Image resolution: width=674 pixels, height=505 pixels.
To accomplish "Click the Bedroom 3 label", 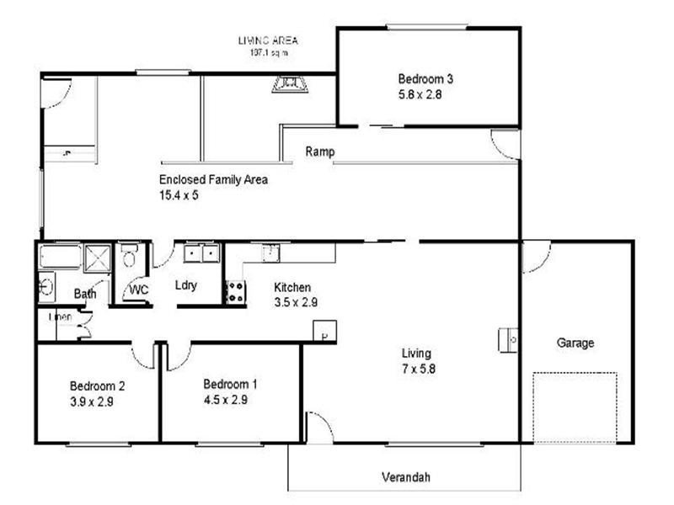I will (425, 79).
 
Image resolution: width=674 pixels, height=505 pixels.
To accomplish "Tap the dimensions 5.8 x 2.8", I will (420, 95).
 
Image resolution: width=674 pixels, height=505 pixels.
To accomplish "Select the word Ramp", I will (319, 152).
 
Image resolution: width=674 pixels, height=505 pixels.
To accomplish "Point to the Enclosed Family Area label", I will (213, 179).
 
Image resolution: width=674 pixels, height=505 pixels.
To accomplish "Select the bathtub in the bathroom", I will (59, 256).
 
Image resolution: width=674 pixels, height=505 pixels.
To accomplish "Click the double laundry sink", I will (201, 253).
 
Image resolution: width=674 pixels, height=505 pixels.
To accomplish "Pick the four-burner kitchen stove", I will (235, 292).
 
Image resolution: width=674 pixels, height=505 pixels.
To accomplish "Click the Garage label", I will (575, 343).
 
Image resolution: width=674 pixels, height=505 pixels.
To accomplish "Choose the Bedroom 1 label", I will (230, 384).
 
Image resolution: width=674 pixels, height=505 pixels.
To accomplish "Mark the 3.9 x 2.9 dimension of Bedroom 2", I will (92, 402).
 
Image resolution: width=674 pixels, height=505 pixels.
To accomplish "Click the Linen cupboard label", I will (60, 317).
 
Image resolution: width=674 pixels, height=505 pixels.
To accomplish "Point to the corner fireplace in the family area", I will (289, 83).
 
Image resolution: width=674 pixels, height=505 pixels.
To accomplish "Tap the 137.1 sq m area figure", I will (268, 53).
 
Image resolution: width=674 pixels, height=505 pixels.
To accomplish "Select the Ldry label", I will (185, 285).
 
